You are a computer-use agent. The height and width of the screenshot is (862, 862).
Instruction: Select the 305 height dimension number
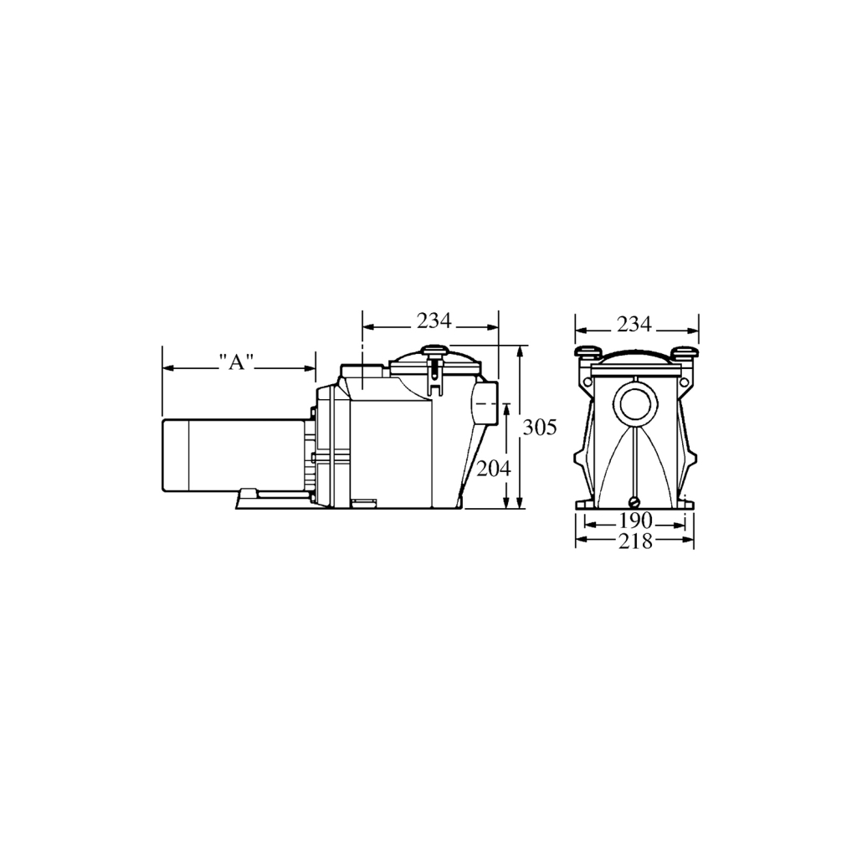pos(539,427)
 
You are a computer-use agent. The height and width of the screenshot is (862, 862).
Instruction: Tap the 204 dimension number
pos(494,469)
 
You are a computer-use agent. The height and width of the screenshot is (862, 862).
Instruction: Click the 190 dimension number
pos(634,520)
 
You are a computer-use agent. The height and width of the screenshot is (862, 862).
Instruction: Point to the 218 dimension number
pos(635,541)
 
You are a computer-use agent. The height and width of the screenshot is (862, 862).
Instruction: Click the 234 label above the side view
pos(434,321)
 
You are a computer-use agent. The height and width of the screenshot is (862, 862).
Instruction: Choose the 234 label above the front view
pos(634,325)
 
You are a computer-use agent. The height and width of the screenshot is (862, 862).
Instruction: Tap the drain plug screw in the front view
pos(635,500)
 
